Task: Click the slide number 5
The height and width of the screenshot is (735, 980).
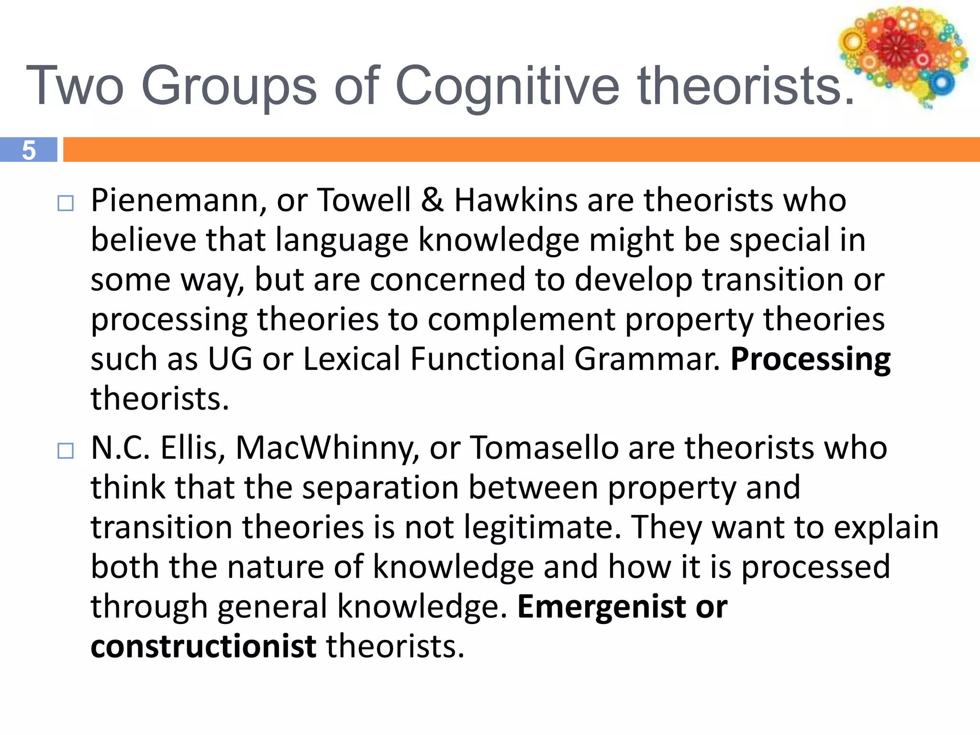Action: click(x=29, y=150)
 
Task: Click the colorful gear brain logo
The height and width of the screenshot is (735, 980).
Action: click(x=903, y=55)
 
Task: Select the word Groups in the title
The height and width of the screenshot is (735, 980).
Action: click(x=229, y=86)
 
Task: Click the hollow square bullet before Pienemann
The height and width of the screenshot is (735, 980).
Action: click(x=66, y=203)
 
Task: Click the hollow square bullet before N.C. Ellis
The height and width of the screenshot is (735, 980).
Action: click(x=66, y=451)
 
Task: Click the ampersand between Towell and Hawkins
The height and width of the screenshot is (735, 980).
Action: click(x=432, y=200)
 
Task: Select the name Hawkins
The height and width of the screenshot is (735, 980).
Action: click(x=515, y=200)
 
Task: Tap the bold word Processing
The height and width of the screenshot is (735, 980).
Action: click(x=810, y=360)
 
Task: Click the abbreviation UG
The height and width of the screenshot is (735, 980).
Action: click(x=230, y=359)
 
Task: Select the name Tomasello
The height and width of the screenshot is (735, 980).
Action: click(x=545, y=448)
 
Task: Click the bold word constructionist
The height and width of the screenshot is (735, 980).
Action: click(x=203, y=646)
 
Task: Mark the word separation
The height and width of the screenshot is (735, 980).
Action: click(x=380, y=488)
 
